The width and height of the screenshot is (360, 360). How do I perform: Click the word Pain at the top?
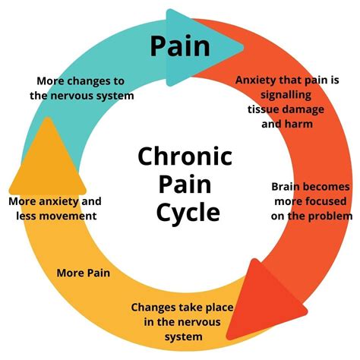pos(179,46)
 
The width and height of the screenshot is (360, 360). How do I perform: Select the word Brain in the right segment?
pos(288,187)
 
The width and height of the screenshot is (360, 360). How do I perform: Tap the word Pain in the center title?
pos(179,185)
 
